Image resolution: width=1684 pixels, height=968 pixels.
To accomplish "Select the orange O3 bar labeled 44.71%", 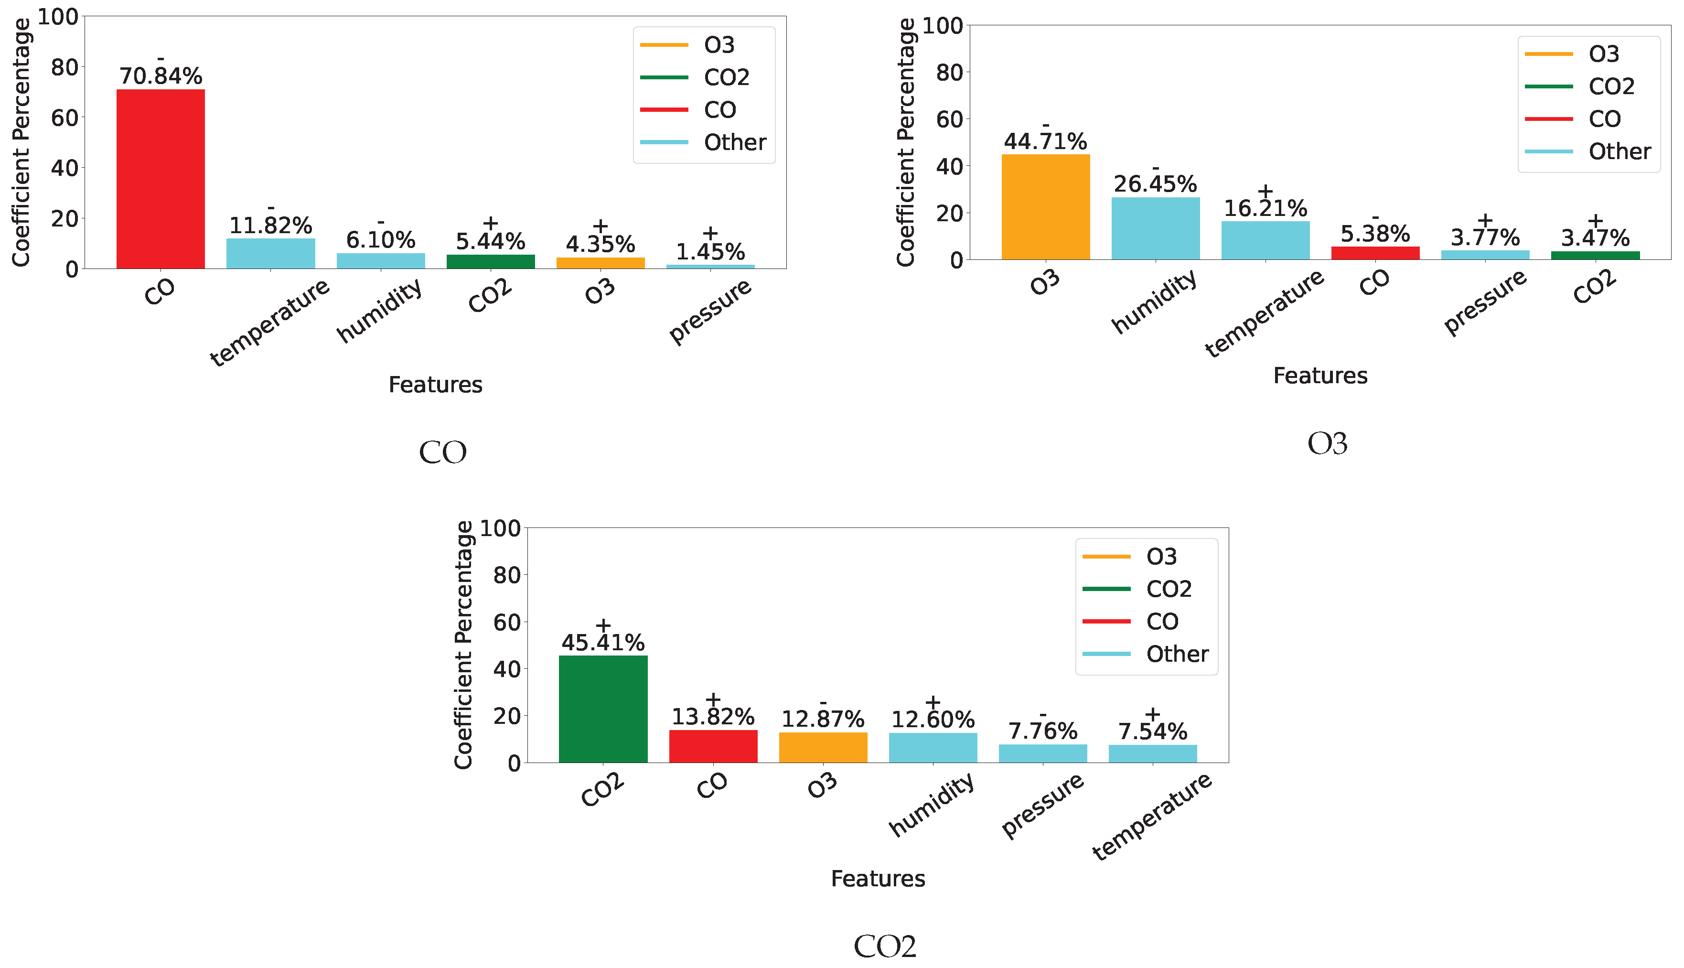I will (x=1045, y=207).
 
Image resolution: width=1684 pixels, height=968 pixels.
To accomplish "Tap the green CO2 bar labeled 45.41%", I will (x=603, y=710).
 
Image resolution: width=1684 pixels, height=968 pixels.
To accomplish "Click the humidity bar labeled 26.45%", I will (x=1156, y=229).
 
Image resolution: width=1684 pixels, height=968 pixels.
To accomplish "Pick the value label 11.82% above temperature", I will (x=270, y=226).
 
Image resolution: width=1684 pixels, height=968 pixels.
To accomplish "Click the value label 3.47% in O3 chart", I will (x=1595, y=238).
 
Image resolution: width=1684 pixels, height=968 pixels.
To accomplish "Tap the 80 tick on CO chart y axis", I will (x=64, y=67).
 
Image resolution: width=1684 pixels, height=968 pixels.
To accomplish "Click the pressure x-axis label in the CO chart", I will (x=710, y=311).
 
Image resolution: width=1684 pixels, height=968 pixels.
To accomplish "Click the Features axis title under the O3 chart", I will (x=1320, y=376).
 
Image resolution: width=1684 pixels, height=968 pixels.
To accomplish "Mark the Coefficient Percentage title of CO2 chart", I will (x=463, y=645).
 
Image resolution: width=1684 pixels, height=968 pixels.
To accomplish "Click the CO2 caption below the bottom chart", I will (x=885, y=946).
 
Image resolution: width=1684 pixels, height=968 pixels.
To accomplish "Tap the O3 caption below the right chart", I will (x=1327, y=443).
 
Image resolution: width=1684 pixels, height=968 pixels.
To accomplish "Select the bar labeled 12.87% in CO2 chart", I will (x=823, y=748).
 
